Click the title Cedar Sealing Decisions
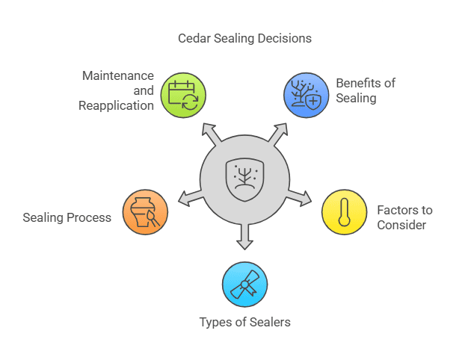244,38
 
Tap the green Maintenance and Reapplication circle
184,94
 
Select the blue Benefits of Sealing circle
306,94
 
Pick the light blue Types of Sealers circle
244,284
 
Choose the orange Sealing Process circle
145,212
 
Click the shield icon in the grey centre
244,178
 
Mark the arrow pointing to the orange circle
188,198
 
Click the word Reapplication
116,105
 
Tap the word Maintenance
119,75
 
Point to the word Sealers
270,323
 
